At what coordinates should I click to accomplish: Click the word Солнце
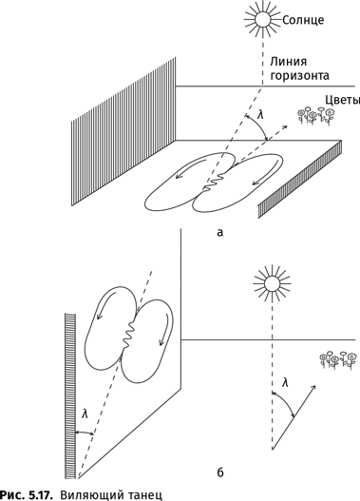(303, 20)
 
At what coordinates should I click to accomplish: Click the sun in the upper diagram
(263, 18)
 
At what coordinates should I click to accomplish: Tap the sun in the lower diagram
(272, 282)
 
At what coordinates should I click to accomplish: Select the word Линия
(289, 62)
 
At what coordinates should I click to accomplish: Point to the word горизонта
(299, 76)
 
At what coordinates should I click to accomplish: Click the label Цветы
(343, 101)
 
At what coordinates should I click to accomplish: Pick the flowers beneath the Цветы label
(316, 116)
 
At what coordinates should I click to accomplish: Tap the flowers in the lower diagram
(338, 360)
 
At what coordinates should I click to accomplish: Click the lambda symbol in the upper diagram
(261, 114)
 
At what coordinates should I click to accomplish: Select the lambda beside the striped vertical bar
(85, 414)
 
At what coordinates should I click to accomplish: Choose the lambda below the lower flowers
(285, 382)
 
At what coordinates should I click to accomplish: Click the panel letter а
(219, 233)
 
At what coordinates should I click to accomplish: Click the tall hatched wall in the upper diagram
(123, 131)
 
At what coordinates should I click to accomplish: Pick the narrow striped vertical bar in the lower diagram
(70, 396)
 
